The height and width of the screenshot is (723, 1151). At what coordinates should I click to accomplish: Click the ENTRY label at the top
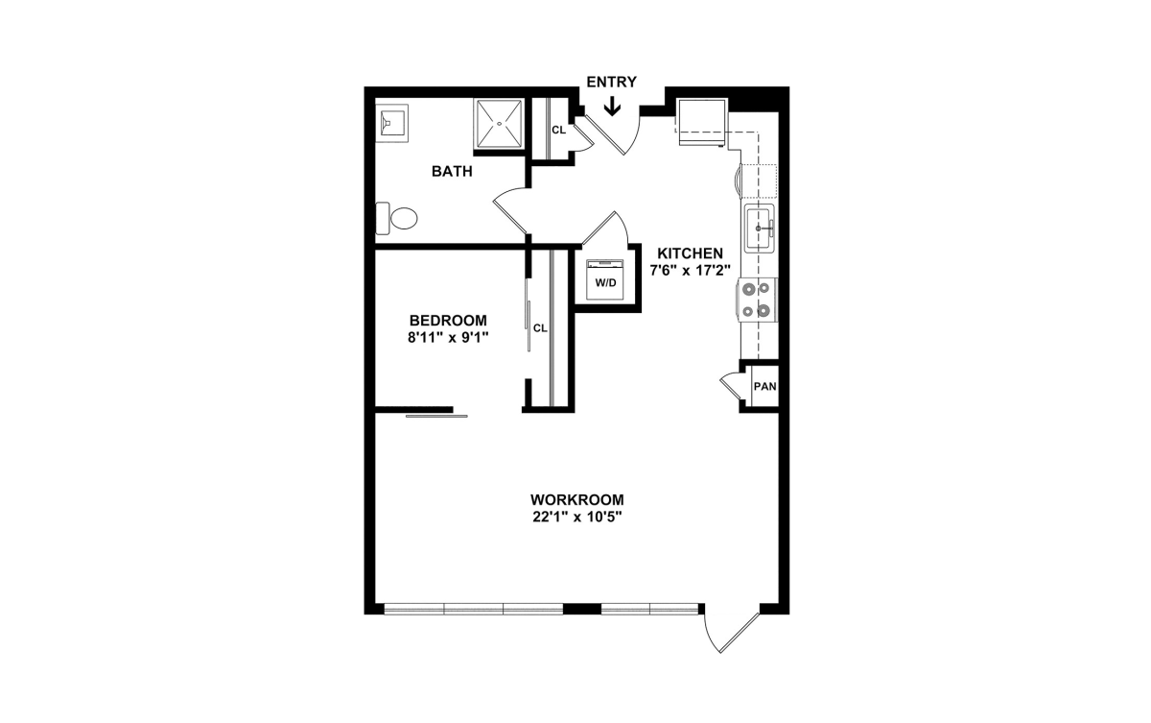612,82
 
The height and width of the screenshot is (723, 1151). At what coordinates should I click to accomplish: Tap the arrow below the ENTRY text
612,107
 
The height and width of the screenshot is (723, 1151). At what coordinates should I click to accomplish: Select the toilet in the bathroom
396,218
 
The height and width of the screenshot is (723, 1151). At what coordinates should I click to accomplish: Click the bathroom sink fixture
391,124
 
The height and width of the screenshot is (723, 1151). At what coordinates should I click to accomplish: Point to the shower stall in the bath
499,124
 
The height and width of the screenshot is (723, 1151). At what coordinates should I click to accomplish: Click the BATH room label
452,171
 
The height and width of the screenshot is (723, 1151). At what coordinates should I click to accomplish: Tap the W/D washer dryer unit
605,279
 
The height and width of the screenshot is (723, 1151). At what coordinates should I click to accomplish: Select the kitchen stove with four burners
758,300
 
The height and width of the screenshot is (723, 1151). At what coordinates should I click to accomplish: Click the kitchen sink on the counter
760,229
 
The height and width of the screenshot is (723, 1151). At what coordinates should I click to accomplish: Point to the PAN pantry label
764,386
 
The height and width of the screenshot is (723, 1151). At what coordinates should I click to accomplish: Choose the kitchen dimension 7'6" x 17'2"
690,271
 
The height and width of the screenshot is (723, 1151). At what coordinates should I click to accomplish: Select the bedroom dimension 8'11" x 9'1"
448,337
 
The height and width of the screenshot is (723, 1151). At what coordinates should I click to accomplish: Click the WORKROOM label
577,500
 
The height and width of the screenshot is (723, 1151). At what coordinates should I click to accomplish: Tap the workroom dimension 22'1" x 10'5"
577,517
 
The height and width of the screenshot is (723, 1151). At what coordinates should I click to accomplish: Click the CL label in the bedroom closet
540,328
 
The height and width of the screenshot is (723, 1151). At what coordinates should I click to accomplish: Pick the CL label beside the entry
558,130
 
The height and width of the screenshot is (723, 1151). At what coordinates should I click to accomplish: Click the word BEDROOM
448,321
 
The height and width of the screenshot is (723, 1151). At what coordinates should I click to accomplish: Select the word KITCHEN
690,253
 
